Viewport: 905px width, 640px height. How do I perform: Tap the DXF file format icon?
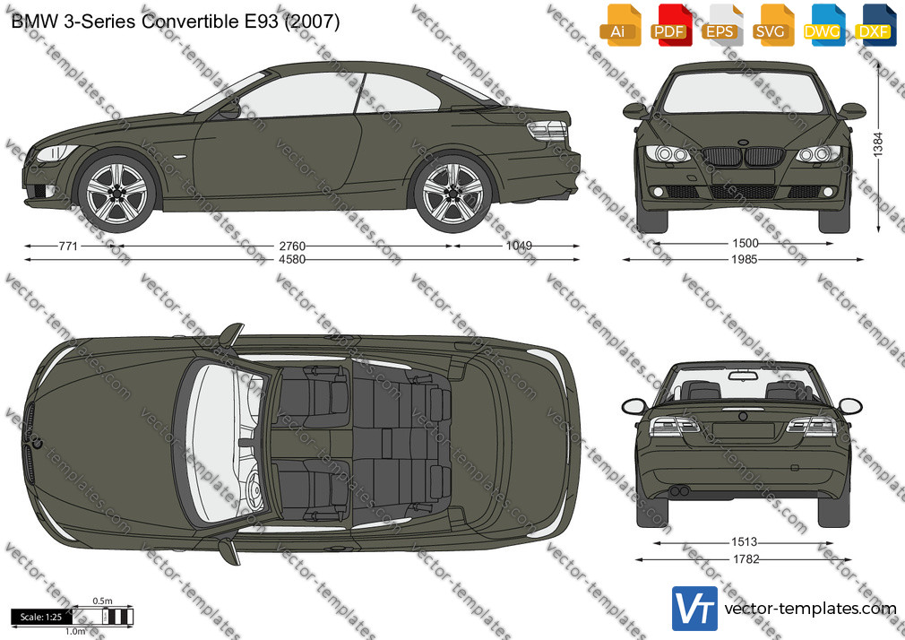pos(875,25)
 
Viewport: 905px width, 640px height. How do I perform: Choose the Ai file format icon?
pos(619,25)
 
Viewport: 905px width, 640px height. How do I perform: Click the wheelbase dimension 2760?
pos(292,246)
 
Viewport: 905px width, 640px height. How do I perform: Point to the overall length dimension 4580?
pos(292,260)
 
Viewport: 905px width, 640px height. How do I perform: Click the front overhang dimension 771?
pos(68,246)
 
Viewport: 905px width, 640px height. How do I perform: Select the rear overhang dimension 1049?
pos(519,246)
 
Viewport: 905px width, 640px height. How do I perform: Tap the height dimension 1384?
pos(878,144)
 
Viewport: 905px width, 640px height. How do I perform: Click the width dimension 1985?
pos(744,260)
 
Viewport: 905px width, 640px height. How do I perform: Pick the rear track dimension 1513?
pos(744,541)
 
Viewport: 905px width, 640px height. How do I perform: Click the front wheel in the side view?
pos(117,193)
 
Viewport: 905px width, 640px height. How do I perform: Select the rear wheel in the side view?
pos(453,193)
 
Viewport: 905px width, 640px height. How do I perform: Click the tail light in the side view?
pos(547,131)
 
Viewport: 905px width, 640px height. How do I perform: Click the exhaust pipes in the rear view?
pos(680,491)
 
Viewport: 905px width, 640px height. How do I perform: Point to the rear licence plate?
pos(743,430)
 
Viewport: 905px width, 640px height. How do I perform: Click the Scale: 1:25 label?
pos(41,617)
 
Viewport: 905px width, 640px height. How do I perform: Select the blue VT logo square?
pos(695,609)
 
